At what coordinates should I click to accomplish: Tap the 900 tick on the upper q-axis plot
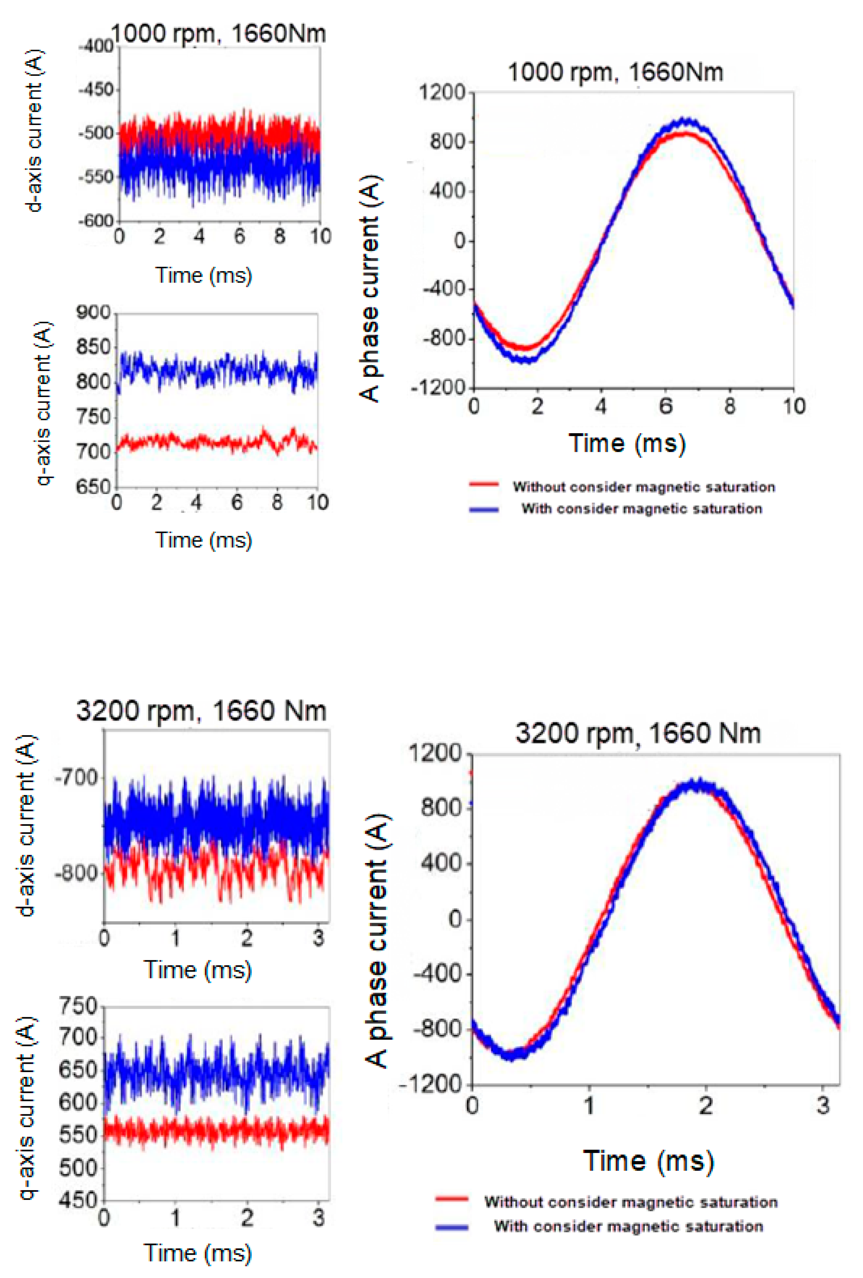94,312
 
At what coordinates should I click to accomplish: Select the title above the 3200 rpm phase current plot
638,734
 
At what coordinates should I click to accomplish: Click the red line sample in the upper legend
484,485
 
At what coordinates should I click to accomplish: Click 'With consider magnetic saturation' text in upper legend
641,509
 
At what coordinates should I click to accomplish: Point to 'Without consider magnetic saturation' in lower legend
630,1202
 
